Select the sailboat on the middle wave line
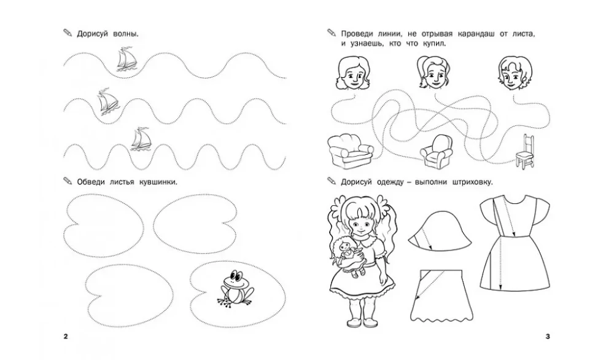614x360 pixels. pos(107,102)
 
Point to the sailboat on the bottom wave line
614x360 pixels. pos(141,139)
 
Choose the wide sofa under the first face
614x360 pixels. pos(351,151)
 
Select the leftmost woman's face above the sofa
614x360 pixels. pos(352,73)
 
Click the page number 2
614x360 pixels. pos(66,336)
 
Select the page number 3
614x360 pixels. pos(548,336)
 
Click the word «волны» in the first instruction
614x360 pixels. pos(125,34)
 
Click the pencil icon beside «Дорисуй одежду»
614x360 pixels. pos(332,181)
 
